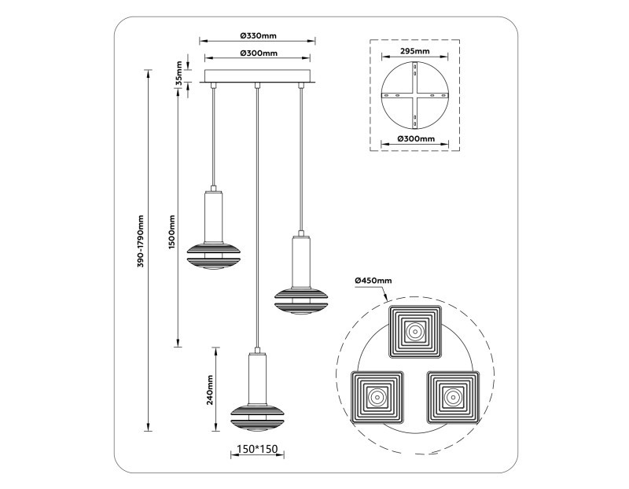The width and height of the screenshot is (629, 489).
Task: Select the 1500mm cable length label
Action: tap(171, 233)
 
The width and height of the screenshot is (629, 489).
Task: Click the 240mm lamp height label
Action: tap(209, 389)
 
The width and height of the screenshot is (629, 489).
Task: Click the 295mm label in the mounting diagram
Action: tap(414, 50)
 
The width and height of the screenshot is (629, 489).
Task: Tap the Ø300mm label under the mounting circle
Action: tap(414, 138)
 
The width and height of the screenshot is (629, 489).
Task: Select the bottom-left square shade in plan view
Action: tap(375, 397)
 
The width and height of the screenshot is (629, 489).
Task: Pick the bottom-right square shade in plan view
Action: tap(454, 397)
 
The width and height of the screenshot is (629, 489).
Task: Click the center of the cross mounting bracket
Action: tap(414, 95)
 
